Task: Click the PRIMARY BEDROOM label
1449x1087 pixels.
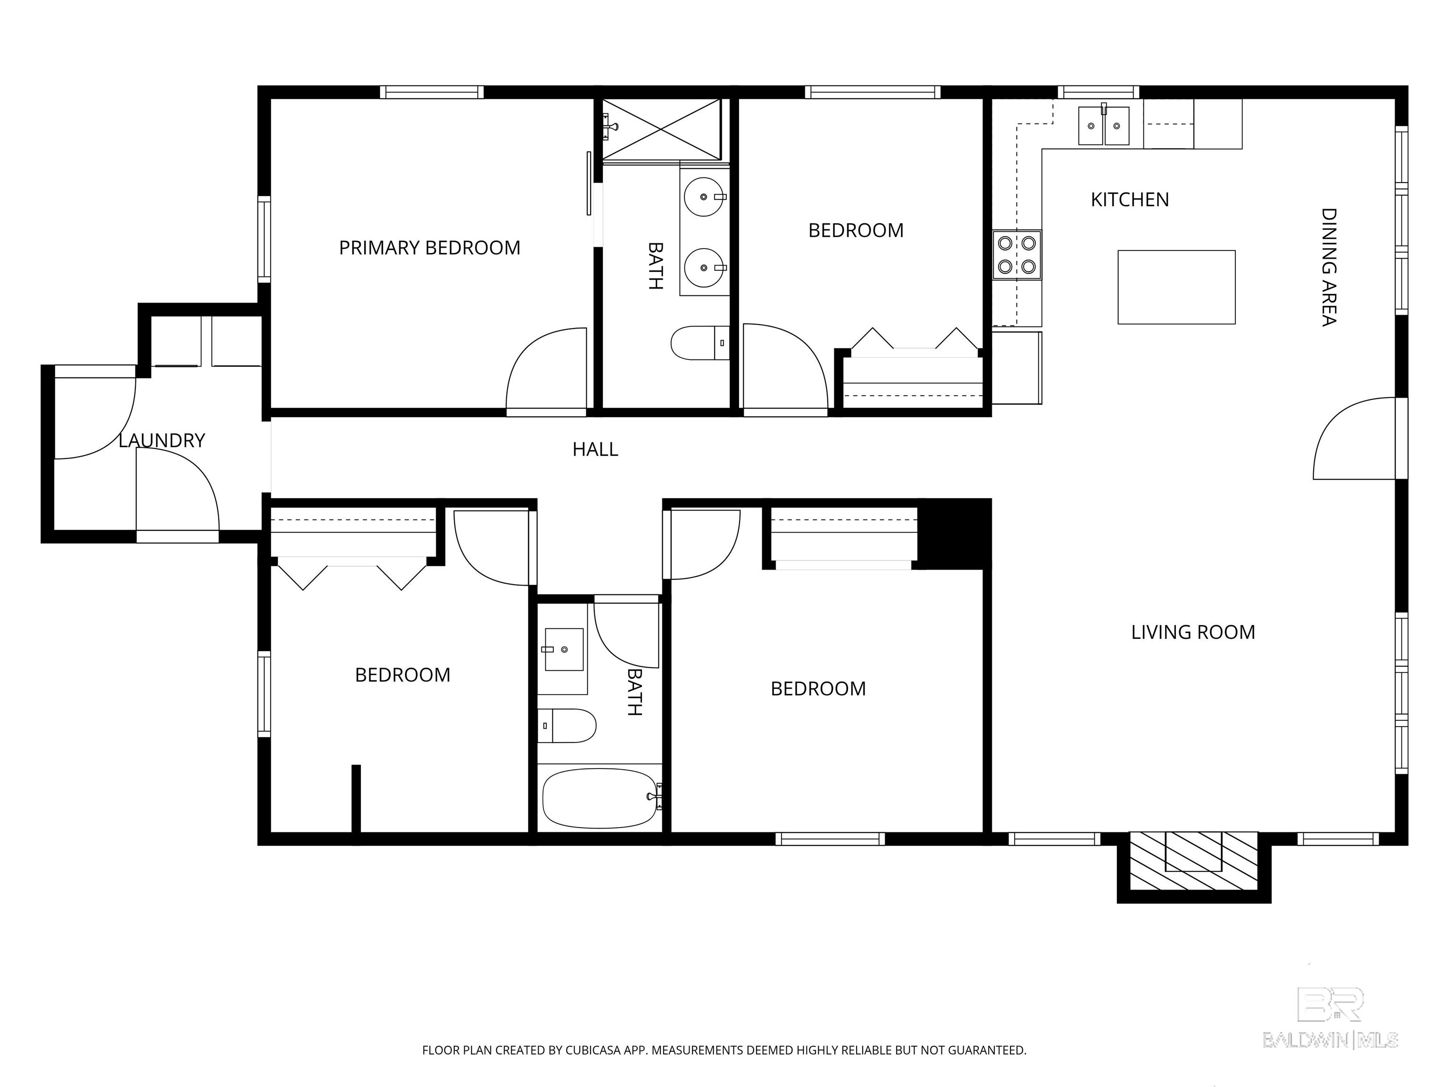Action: (429, 248)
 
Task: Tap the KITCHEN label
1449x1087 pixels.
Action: (1130, 199)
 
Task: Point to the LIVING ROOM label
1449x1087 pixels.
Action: (1193, 632)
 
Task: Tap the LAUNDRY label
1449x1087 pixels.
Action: (162, 440)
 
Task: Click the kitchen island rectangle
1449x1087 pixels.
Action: (1176, 287)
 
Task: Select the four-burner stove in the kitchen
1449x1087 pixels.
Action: (1016, 255)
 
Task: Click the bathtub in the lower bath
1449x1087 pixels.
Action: (600, 798)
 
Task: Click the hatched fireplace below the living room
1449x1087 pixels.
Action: (1193, 861)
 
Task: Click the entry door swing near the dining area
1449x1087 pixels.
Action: (1354, 438)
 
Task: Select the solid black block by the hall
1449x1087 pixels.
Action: (954, 533)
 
